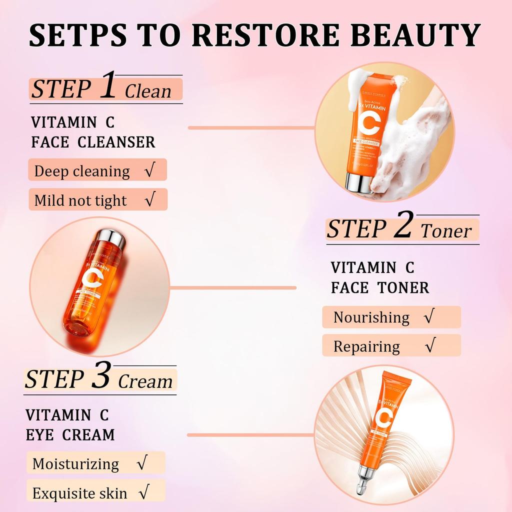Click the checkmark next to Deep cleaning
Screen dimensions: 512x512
tap(148, 171)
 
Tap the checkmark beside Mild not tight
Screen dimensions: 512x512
tap(148, 200)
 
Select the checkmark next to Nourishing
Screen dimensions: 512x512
tap(428, 317)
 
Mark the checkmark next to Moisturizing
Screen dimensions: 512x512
tap(141, 463)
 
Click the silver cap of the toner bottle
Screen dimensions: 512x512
tap(110, 239)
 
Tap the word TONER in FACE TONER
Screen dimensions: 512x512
tap(403, 287)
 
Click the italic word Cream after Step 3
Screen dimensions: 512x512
tap(145, 381)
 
